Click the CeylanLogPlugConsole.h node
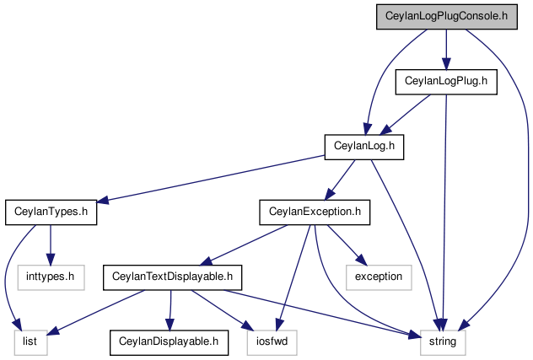click(447, 17)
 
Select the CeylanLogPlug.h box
click(446, 82)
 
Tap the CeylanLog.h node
click(364, 147)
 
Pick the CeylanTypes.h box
click(51, 212)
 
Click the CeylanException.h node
click(315, 212)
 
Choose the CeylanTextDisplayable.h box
click(172, 277)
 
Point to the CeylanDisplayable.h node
click(169, 342)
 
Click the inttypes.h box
click(51, 277)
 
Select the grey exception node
click(379, 277)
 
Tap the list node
click(30, 342)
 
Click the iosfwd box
click(272, 342)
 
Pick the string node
click(443, 342)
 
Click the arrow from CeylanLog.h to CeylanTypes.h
click(211, 179)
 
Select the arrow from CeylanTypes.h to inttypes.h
click(51, 245)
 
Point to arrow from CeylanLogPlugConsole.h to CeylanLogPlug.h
click(446, 50)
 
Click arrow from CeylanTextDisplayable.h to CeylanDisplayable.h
click(170, 310)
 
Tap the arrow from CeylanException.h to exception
click(347, 244)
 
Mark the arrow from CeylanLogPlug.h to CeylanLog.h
click(405, 115)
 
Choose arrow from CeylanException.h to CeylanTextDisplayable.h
click(244, 244)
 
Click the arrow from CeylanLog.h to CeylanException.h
click(340, 180)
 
